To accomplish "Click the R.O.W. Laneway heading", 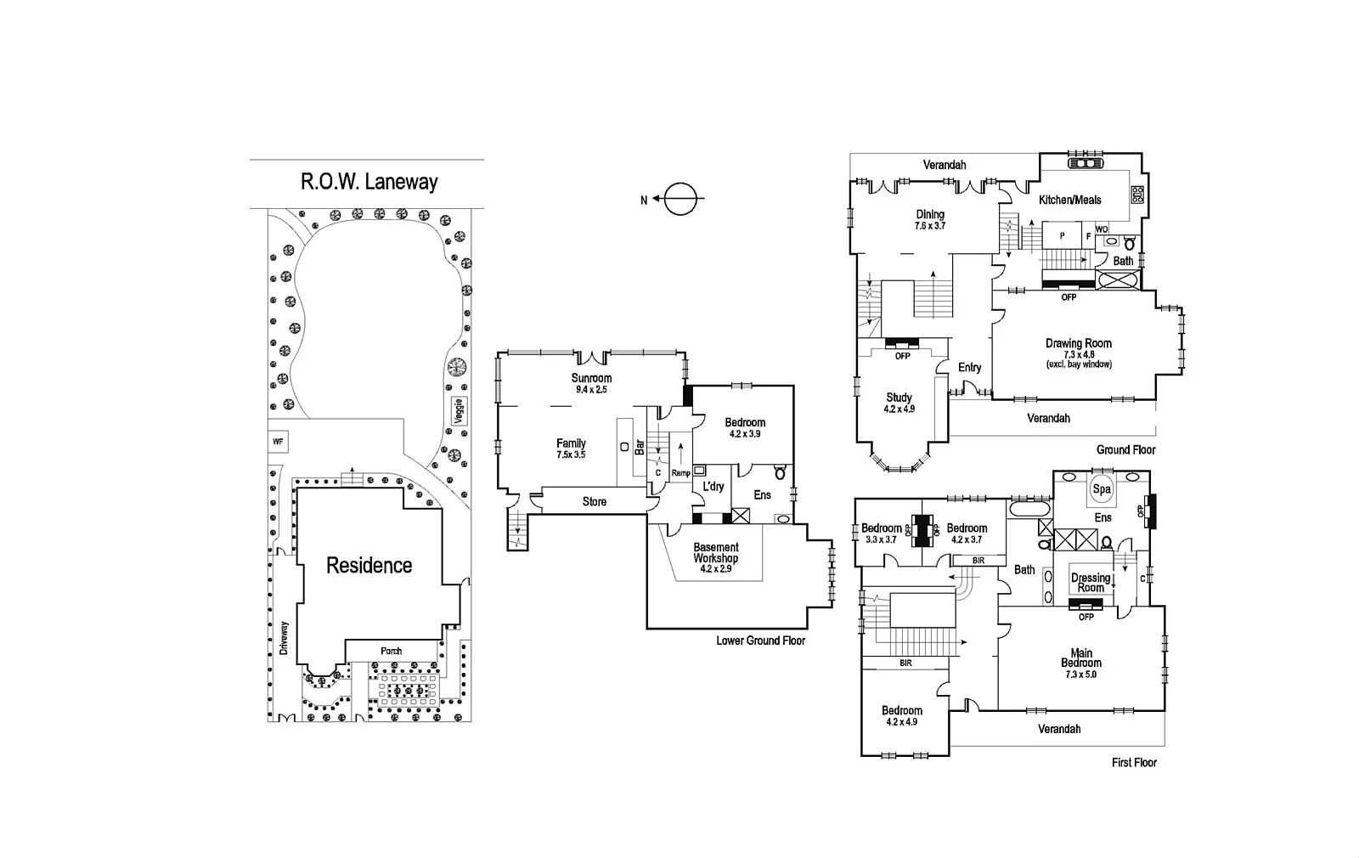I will (369, 182).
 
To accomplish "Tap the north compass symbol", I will (679, 200).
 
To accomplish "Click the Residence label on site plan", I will (369, 566).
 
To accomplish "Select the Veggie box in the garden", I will (459, 411).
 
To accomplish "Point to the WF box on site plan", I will (278, 442).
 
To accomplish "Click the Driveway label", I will (284, 638).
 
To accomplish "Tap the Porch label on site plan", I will (392, 652).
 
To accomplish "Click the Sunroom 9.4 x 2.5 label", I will (591, 383).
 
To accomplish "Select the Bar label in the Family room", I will (640, 447).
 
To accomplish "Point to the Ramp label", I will (680, 473).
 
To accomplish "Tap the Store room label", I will (595, 502).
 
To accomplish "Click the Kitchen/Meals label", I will (1070, 200).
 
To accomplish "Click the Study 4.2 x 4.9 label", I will (899, 403).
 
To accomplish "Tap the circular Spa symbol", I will (1102, 489).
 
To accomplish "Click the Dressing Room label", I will (1091, 583).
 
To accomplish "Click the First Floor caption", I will (1134, 763).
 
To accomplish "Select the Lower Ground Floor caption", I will (760, 641).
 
